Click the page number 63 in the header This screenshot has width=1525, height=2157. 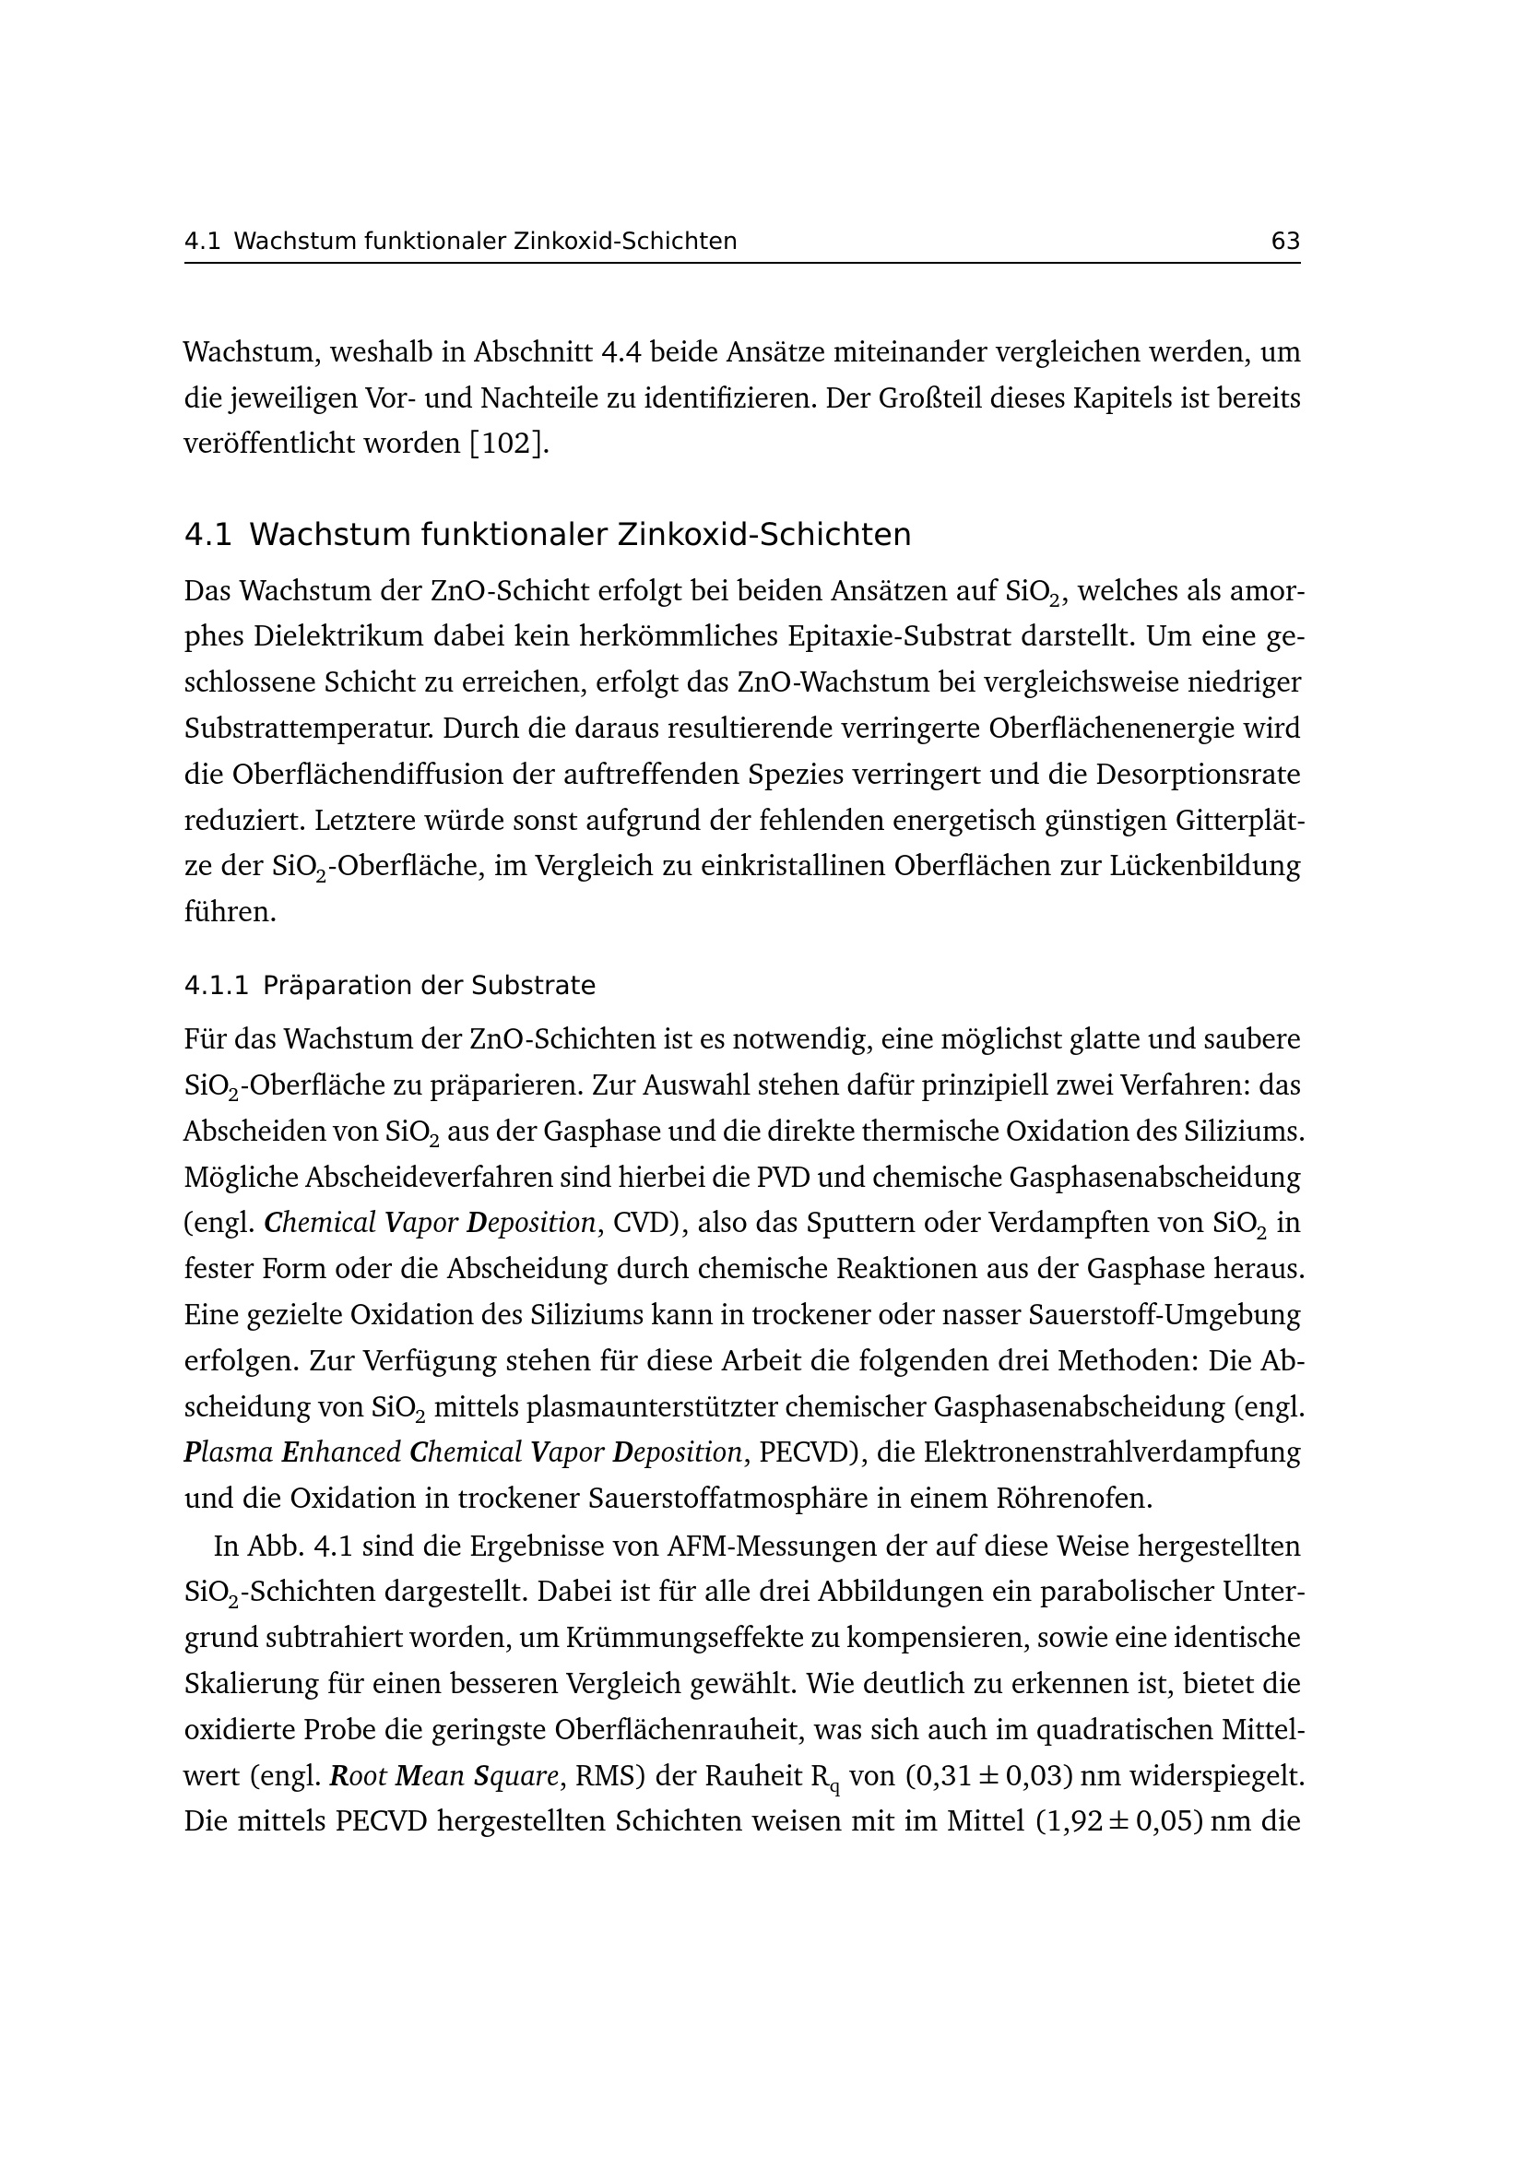[1284, 242]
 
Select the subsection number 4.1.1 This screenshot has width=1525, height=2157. [217, 986]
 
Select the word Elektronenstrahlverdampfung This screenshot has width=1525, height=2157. [1112, 1452]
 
